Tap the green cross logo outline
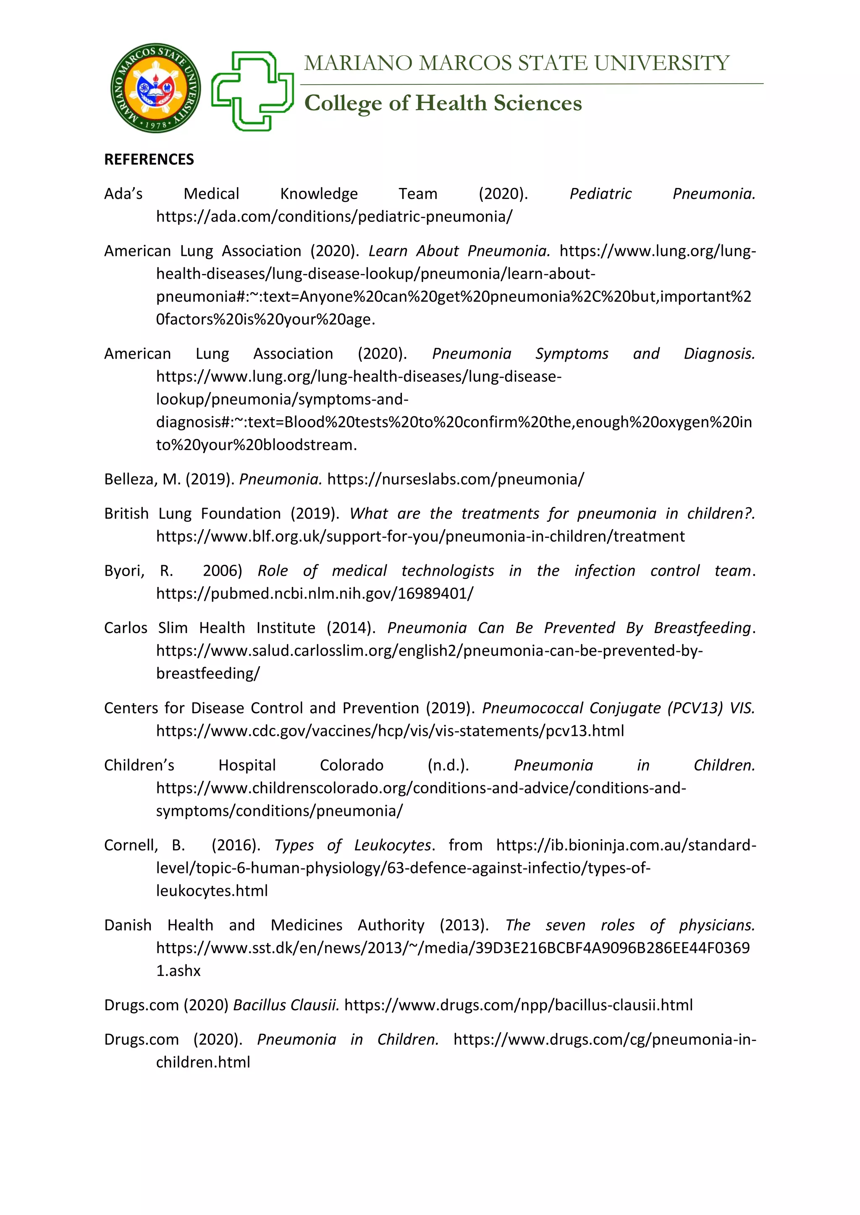253,91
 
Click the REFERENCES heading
149,159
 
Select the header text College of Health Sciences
443,103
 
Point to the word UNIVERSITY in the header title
661,63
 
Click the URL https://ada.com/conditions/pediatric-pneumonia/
334,216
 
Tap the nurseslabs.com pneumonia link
456,480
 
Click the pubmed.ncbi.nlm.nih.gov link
315,594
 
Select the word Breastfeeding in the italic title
702,628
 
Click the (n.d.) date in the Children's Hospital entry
448,765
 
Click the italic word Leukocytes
392,845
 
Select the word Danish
128,925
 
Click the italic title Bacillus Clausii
286,1005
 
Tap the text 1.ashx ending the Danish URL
178,971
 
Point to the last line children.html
203,1062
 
